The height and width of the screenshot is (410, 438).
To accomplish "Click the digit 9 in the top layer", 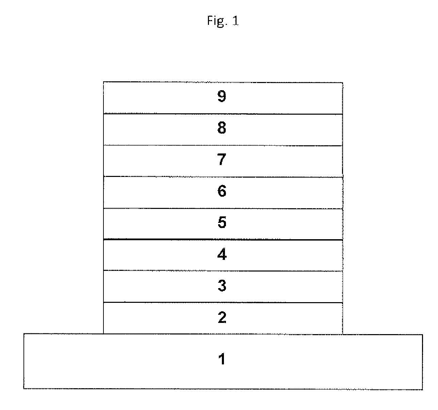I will coord(222,97).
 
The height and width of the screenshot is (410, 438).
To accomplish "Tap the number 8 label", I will coord(222,128).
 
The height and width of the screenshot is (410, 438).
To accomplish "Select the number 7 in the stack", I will coord(222,160).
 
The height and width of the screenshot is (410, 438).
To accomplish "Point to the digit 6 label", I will coord(222,191).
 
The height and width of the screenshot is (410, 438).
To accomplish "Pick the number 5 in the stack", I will coord(222,223).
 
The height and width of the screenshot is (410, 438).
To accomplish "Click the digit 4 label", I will coord(222,254).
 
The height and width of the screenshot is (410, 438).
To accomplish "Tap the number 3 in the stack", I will coord(222,285).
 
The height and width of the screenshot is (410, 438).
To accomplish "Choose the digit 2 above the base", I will coord(222,317).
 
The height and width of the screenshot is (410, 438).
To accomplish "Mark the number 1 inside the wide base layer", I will coord(222,359).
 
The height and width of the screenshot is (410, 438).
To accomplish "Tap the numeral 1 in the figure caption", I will coord(235,21).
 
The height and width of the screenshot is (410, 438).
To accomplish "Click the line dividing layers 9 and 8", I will coord(223,114).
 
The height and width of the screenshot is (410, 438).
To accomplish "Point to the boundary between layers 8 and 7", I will coord(223,146).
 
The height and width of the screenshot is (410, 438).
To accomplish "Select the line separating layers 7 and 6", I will coord(223,177).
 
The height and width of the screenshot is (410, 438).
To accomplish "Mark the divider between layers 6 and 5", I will coord(223,209).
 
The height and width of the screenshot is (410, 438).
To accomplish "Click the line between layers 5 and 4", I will coord(223,240).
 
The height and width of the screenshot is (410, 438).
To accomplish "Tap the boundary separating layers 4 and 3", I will coord(223,271).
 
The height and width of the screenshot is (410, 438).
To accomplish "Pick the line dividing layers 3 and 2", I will coord(223,302).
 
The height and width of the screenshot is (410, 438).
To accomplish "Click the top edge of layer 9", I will coord(223,82).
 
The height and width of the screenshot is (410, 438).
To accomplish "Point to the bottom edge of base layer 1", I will coord(223,389).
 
